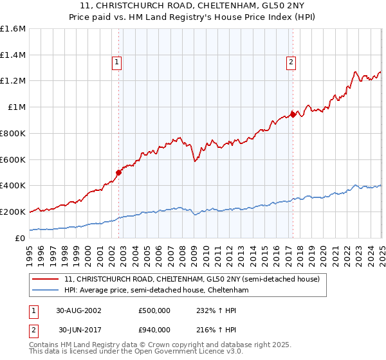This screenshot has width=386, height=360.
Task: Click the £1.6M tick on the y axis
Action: [x=13, y=29]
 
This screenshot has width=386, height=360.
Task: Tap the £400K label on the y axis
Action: [x=13, y=186]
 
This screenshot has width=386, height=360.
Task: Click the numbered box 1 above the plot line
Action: [x=117, y=62]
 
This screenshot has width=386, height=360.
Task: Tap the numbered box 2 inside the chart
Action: [x=291, y=62]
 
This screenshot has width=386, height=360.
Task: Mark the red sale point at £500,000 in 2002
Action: [x=118, y=172]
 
